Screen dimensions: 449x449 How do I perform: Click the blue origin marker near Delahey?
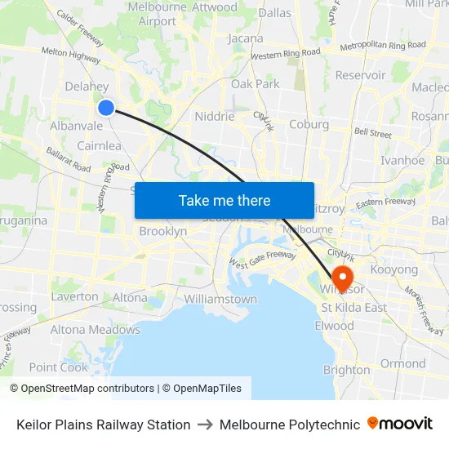pyautogui.click(x=106, y=107)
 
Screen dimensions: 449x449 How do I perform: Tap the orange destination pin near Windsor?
pyautogui.click(x=343, y=275)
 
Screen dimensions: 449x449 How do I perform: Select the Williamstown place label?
pyautogui.click(x=220, y=299)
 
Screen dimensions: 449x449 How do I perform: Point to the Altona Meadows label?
pyautogui.click(x=96, y=330)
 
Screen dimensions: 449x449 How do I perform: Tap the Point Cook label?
pyautogui.click(x=58, y=367)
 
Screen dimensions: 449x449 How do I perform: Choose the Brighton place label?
pyautogui.click(x=346, y=370)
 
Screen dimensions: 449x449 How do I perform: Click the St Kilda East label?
pyautogui.click(x=353, y=308)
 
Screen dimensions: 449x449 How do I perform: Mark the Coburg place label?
pyautogui.click(x=309, y=125)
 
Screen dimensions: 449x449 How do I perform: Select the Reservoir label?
pyautogui.click(x=360, y=75)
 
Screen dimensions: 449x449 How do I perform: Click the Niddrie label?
pyautogui.click(x=215, y=117)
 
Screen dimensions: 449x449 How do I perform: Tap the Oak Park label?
pyautogui.click(x=255, y=83)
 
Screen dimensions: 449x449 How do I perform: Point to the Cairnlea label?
pyautogui.click(x=99, y=145)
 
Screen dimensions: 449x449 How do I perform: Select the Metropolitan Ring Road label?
pyautogui.click(x=382, y=46)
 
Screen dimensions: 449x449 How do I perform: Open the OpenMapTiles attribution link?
pyautogui.click(x=202, y=389)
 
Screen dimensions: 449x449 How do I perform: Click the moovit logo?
pyautogui.click(x=400, y=424)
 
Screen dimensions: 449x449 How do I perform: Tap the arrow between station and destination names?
pyautogui.click(x=205, y=425)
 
